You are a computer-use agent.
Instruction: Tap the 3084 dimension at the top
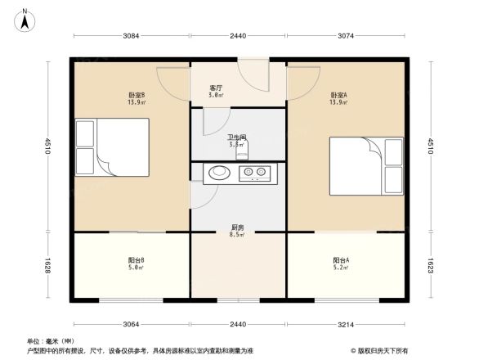click(x=132, y=36)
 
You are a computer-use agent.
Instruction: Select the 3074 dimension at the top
click(x=347, y=36)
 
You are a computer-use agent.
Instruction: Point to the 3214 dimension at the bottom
click(x=347, y=325)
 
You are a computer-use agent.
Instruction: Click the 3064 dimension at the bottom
click(x=132, y=325)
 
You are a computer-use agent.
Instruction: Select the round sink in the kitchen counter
click(x=218, y=173)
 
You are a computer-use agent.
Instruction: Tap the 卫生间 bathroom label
click(x=237, y=137)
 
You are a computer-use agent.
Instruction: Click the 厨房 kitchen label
click(x=236, y=228)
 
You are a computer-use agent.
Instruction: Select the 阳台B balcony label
click(x=137, y=261)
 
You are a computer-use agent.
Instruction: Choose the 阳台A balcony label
click(x=342, y=261)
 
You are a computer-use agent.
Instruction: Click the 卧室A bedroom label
click(x=338, y=94)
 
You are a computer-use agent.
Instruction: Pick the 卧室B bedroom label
click(x=137, y=94)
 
